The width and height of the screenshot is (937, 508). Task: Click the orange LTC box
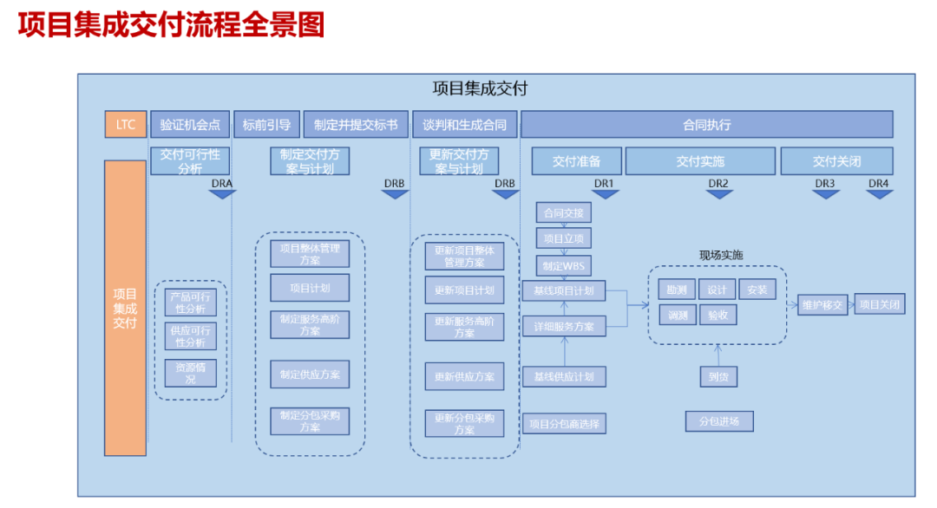(125, 124)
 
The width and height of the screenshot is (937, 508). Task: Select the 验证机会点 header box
(190, 124)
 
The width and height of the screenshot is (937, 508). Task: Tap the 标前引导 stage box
(267, 124)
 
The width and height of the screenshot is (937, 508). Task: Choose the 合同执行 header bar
(706, 124)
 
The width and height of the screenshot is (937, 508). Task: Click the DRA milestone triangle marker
(222, 194)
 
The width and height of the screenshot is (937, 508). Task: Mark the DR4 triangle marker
(879, 194)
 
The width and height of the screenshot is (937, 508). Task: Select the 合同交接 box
(564, 212)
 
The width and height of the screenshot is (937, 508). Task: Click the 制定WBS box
(564, 264)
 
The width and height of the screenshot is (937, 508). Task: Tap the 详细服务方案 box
(564, 326)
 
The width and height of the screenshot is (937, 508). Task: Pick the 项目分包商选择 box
(564, 423)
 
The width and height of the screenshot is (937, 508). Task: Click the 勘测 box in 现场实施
(677, 290)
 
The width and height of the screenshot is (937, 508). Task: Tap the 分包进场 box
(718, 421)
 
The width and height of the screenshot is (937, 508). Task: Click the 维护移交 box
(822, 304)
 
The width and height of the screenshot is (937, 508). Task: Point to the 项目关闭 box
(880, 304)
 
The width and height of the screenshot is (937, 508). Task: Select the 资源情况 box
(190, 373)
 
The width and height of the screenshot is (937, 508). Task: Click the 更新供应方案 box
(464, 376)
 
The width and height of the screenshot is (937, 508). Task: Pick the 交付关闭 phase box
(836, 161)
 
